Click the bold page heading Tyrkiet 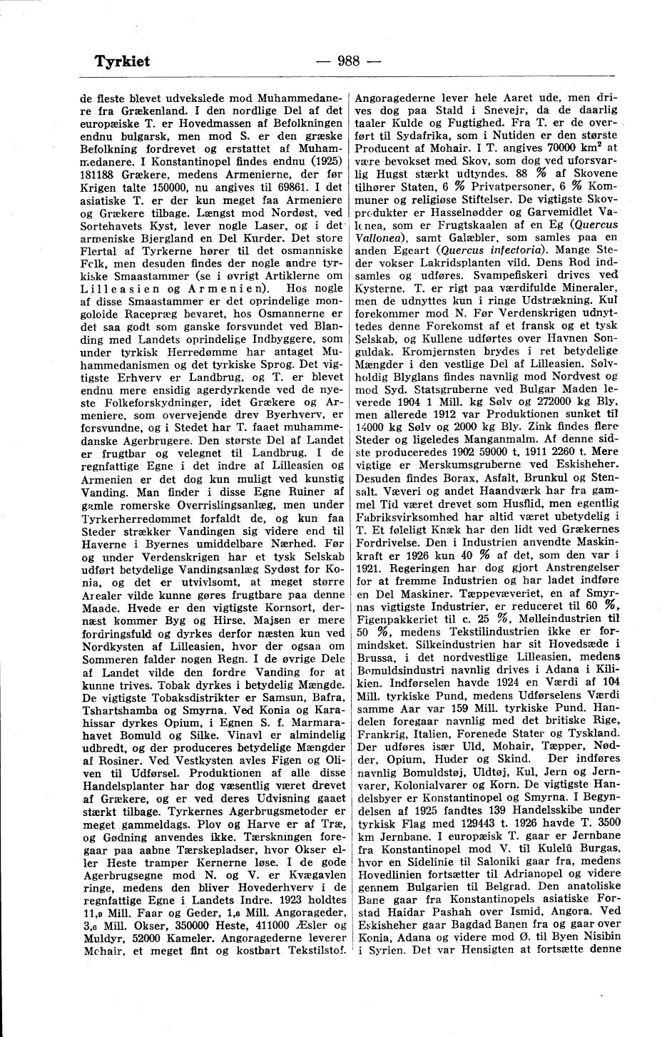point(122,61)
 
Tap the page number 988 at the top point(349,61)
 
